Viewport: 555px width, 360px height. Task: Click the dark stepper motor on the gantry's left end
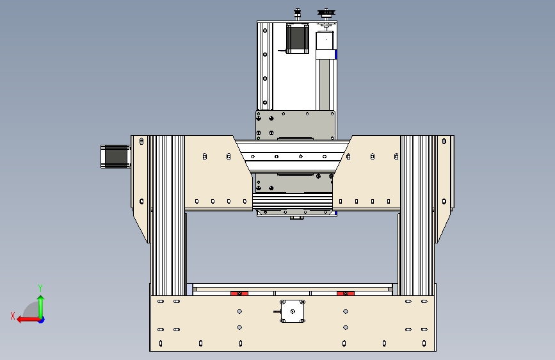click(115, 156)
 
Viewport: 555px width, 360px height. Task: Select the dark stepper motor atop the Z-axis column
click(297, 38)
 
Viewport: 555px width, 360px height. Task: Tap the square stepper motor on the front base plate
click(293, 311)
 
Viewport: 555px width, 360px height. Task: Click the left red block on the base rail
click(239, 293)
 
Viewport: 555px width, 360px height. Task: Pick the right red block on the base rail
click(346, 293)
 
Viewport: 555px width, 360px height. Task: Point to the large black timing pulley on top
click(326, 13)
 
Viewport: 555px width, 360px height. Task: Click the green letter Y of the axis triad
click(40, 288)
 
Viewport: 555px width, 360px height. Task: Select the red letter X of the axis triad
click(13, 316)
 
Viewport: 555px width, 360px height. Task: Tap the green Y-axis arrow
click(41, 307)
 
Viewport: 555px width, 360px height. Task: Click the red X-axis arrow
click(28, 320)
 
